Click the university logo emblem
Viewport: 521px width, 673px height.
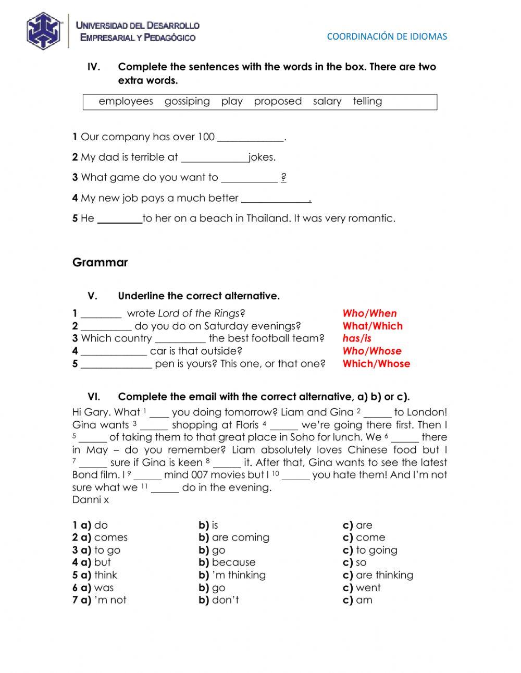pos(44,31)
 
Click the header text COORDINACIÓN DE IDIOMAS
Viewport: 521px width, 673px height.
pos(387,36)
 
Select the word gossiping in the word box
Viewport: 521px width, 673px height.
pos(187,101)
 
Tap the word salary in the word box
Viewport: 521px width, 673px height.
pos(327,101)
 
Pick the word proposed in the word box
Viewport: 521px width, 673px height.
pos(278,101)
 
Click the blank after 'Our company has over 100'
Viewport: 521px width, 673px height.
pos(250,138)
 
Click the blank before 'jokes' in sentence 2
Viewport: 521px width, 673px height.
pos(214,158)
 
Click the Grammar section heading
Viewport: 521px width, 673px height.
pos(100,263)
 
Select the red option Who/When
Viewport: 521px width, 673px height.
pos(369,313)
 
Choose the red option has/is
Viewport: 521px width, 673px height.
pos(357,338)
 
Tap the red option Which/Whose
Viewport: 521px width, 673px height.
pos(376,364)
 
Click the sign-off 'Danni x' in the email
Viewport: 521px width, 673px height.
pos(91,500)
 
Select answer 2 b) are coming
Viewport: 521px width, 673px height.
pos(240,537)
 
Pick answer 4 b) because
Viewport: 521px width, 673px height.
pos(233,562)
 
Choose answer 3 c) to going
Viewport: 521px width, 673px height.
pos(376,550)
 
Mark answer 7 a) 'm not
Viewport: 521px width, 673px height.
pos(109,600)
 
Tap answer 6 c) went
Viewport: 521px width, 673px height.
pos(367,588)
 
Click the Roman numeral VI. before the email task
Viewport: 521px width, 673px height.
pos(94,397)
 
